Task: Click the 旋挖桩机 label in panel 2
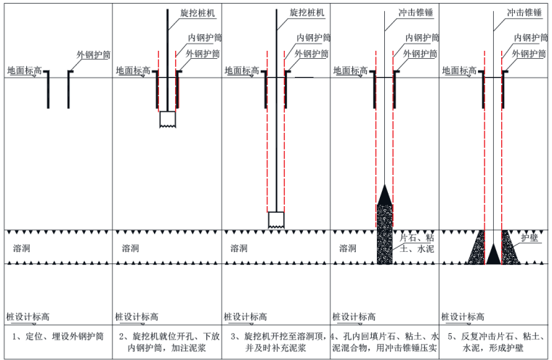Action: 196,13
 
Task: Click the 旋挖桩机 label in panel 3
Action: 306,13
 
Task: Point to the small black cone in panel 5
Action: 494,254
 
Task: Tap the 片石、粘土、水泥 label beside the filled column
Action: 418,243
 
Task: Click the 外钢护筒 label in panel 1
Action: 95,54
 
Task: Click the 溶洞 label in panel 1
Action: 23,248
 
